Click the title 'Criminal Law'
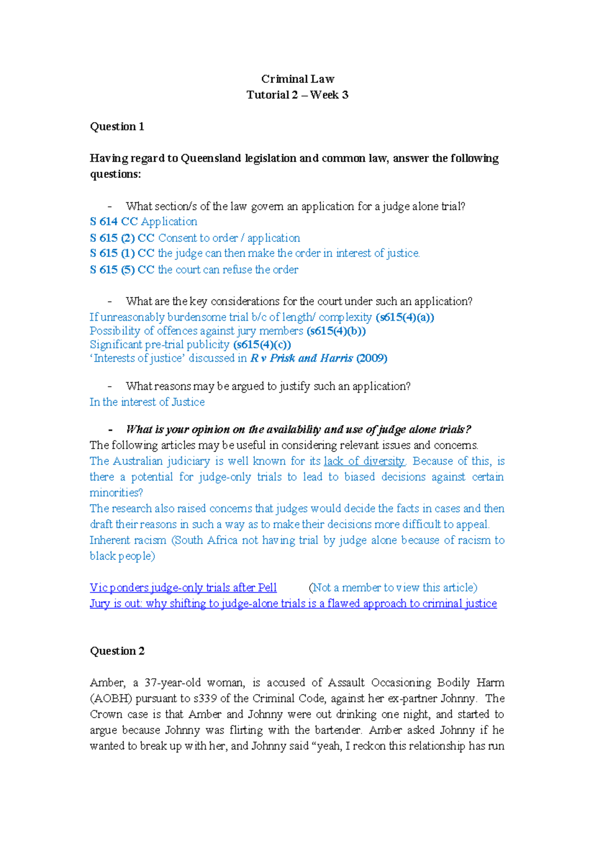pyautogui.click(x=297, y=79)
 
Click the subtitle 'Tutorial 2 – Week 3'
pyautogui.click(x=297, y=95)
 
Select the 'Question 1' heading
pyautogui.click(x=117, y=126)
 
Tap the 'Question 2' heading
pyautogui.click(x=117, y=651)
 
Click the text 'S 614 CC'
pyautogui.click(x=114, y=222)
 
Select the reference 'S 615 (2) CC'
pyautogui.click(x=122, y=238)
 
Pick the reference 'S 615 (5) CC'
pyautogui.click(x=122, y=270)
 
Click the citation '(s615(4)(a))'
pyautogui.click(x=405, y=317)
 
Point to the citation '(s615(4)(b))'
pyautogui.click(x=336, y=331)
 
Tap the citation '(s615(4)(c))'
pyautogui.click(x=262, y=345)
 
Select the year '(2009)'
pyautogui.click(x=371, y=358)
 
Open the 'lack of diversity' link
pyautogui.click(x=364, y=461)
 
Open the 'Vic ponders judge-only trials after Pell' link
pyautogui.click(x=183, y=588)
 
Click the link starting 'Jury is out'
pyautogui.click(x=293, y=603)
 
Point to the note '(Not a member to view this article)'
pyautogui.click(x=393, y=588)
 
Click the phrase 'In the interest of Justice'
pyautogui.click(x=147, y=402)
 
